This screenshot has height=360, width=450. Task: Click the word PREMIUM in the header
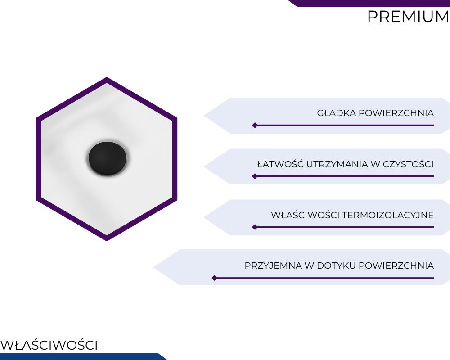(409, 17)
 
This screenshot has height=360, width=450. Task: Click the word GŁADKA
(336, 113)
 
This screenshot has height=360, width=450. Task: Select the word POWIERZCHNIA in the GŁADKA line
(396, 113)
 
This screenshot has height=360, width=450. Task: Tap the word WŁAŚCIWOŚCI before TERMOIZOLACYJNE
(305, 215)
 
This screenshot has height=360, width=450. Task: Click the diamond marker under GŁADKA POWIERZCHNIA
(255, 125)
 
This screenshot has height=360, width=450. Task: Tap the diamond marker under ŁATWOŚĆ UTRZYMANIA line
(255, 176)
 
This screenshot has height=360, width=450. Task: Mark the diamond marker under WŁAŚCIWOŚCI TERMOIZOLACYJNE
(255, 227)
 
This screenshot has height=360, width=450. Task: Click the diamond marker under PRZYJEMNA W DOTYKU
(214, 278)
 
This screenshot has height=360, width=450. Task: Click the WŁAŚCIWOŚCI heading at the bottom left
(49, 345)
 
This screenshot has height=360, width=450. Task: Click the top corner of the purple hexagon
(107, 77)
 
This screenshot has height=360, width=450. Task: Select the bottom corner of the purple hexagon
(107, 241)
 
